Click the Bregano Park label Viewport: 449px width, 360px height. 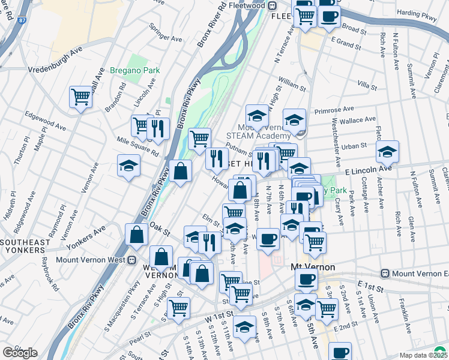tap(135, 70)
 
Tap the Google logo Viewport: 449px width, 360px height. tap(20, 353)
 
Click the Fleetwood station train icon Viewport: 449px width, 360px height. tap(272, 6)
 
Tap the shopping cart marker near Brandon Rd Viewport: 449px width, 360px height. tap(80, 97)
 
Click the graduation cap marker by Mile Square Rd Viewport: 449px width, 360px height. tap(128, 166)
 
